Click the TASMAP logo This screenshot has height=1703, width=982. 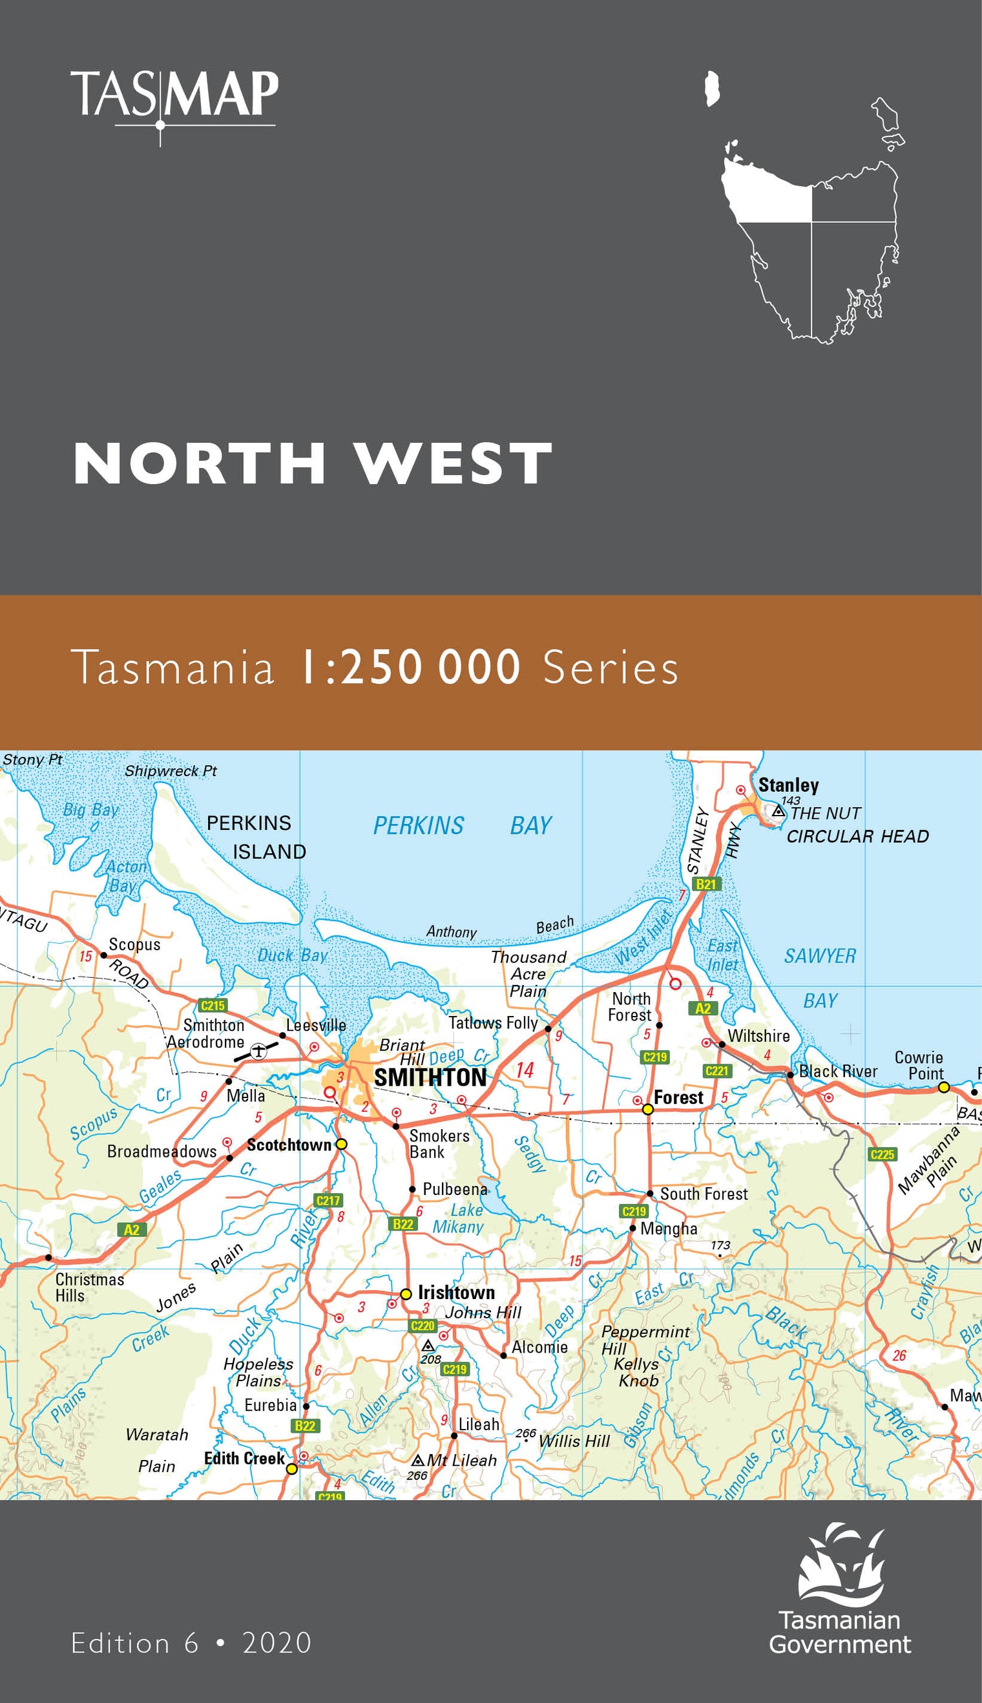[174, 98]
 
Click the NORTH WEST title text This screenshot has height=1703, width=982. [312, 463]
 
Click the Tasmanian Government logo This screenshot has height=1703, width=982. [840, 1590]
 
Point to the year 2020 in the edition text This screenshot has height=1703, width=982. [277, 1643]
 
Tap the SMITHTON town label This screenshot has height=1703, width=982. [430, 1077]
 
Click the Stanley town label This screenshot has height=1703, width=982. [788, 785]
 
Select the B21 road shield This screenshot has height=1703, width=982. [705, 884]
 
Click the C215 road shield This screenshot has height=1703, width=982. [213, 1006]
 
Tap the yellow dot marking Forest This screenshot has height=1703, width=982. [647, 1109]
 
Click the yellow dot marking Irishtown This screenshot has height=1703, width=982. [406, 1294]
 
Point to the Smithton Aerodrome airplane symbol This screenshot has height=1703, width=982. [258, 1050]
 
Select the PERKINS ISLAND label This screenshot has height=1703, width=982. [256, 838]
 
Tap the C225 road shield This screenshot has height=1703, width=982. [882, 1154]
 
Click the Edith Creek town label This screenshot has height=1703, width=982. [244, 1459]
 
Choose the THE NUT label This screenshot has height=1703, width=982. [826, 814]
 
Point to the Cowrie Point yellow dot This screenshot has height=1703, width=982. [943, 1087]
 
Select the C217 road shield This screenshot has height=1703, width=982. [328, 1200]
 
